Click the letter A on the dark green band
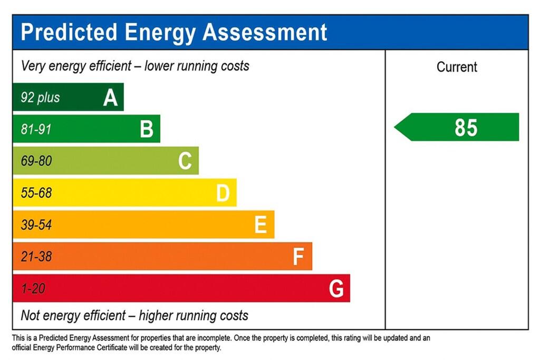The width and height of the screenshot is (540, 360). pos(110,98)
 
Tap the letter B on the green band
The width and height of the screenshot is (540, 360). pos(147,129)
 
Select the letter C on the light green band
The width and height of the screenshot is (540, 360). pos(185,161)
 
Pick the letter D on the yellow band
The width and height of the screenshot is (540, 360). pos(223,193)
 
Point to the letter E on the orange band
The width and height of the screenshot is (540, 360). pos(261,225)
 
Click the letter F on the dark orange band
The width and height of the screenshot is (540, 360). pos(298,257)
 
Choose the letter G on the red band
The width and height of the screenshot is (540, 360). pos(336,289)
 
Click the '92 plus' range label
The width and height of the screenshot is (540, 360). pos(41,98)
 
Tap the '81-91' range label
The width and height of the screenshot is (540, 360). pos(36,129)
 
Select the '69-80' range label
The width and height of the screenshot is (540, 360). pos(36,161)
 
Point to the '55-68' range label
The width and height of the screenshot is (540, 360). pos(36,193)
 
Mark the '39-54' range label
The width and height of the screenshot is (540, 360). pos(36,225)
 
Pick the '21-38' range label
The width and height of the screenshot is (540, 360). pos(36,257)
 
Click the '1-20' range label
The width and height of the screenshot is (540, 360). pos(33,289)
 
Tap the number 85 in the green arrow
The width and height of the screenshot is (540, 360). pos(466,128)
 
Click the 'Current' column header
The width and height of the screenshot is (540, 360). pos(457,67)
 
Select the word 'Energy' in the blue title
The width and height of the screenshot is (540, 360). pos(160,33)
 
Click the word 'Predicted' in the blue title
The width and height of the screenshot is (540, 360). pos(69,32)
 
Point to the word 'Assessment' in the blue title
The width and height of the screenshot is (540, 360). pos(265,32)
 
